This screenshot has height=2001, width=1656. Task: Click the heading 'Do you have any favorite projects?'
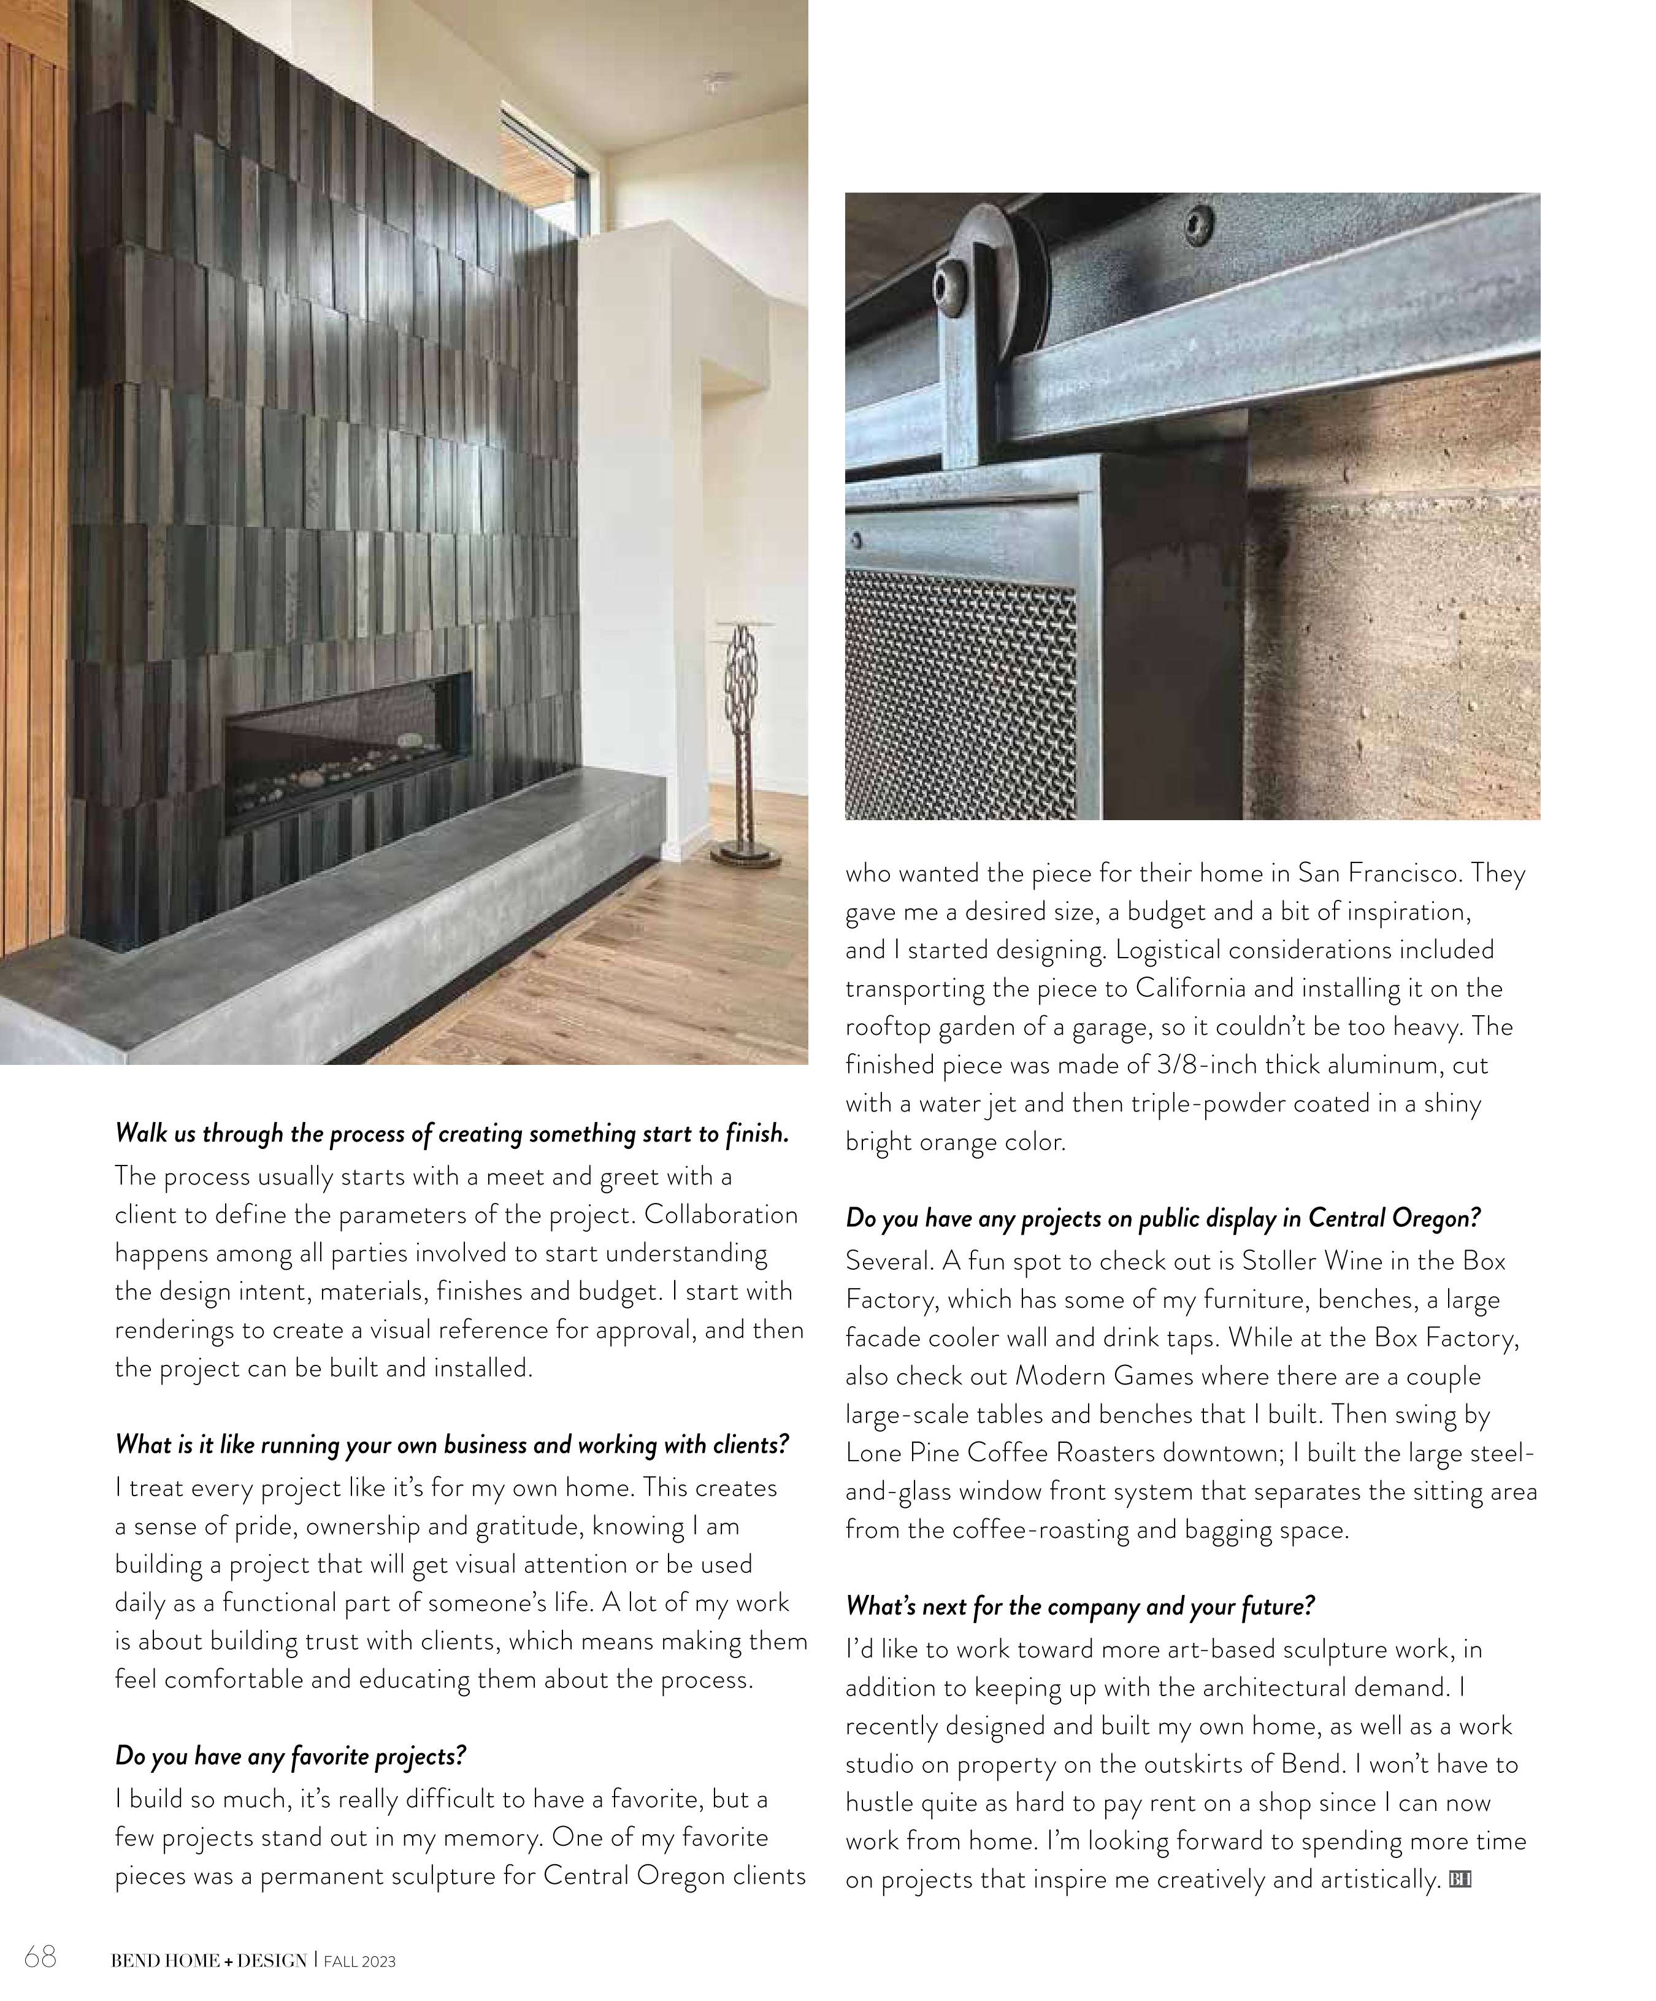[x=291, y=1755]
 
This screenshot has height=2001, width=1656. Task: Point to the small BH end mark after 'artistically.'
[x=1460, y=1879]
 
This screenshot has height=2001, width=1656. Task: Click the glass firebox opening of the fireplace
[x=348, y=748]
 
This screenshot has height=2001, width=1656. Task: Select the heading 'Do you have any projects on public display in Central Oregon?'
[x=1162, y=1218]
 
